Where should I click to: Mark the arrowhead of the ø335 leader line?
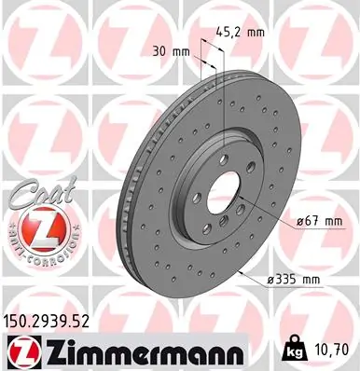pos(239,271)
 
